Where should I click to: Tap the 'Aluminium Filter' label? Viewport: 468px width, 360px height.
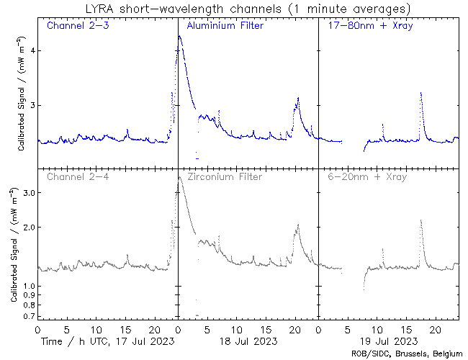(x=225, y=26)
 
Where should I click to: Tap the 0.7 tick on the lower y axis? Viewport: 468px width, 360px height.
(x=27, y=316)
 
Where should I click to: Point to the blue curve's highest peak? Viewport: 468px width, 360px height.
(x=179, y=36)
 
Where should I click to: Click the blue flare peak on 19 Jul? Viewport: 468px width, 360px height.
(x=420, y=93)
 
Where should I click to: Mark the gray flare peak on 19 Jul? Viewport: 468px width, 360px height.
(x=420, y=220)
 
